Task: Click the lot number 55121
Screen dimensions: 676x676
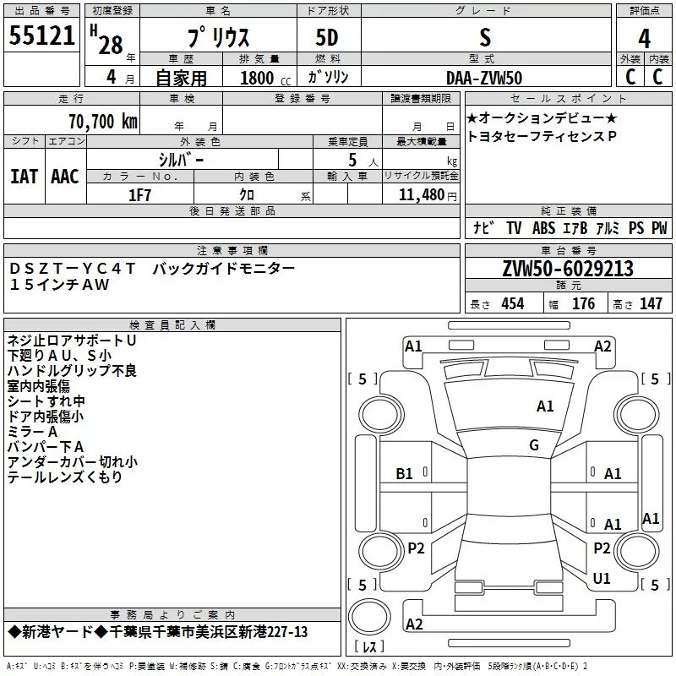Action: click(41, 35)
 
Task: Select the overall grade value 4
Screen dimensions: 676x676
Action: click(644, 39)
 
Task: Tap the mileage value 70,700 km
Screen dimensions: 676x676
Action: click(103, 122)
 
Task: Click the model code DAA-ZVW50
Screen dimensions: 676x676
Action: click(484, 78)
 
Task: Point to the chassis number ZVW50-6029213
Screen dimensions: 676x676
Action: click(568, 269)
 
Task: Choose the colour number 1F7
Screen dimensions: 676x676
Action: click(139, 195)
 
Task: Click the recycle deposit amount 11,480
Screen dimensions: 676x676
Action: click(422, 195)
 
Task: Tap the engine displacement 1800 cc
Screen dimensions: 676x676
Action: click(265, 79)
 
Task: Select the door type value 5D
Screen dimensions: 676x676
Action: click(327, 38)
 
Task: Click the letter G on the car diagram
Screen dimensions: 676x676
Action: click(534, 445)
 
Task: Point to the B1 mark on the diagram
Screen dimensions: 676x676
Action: click(404, 474)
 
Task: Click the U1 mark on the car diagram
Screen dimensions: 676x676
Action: click(602, 578)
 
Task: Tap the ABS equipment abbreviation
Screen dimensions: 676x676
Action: click(543, 228)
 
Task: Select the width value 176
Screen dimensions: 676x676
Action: click(583, 303)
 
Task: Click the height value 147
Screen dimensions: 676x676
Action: click(651, 303)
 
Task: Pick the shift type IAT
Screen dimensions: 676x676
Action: click(25, 177)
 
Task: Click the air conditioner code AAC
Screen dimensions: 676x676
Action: click(65, 177)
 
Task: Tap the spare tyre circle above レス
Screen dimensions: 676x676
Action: click(369, 617)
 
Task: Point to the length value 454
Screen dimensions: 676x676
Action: click(513, 303)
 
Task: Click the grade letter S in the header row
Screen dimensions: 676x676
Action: click(485, 37)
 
